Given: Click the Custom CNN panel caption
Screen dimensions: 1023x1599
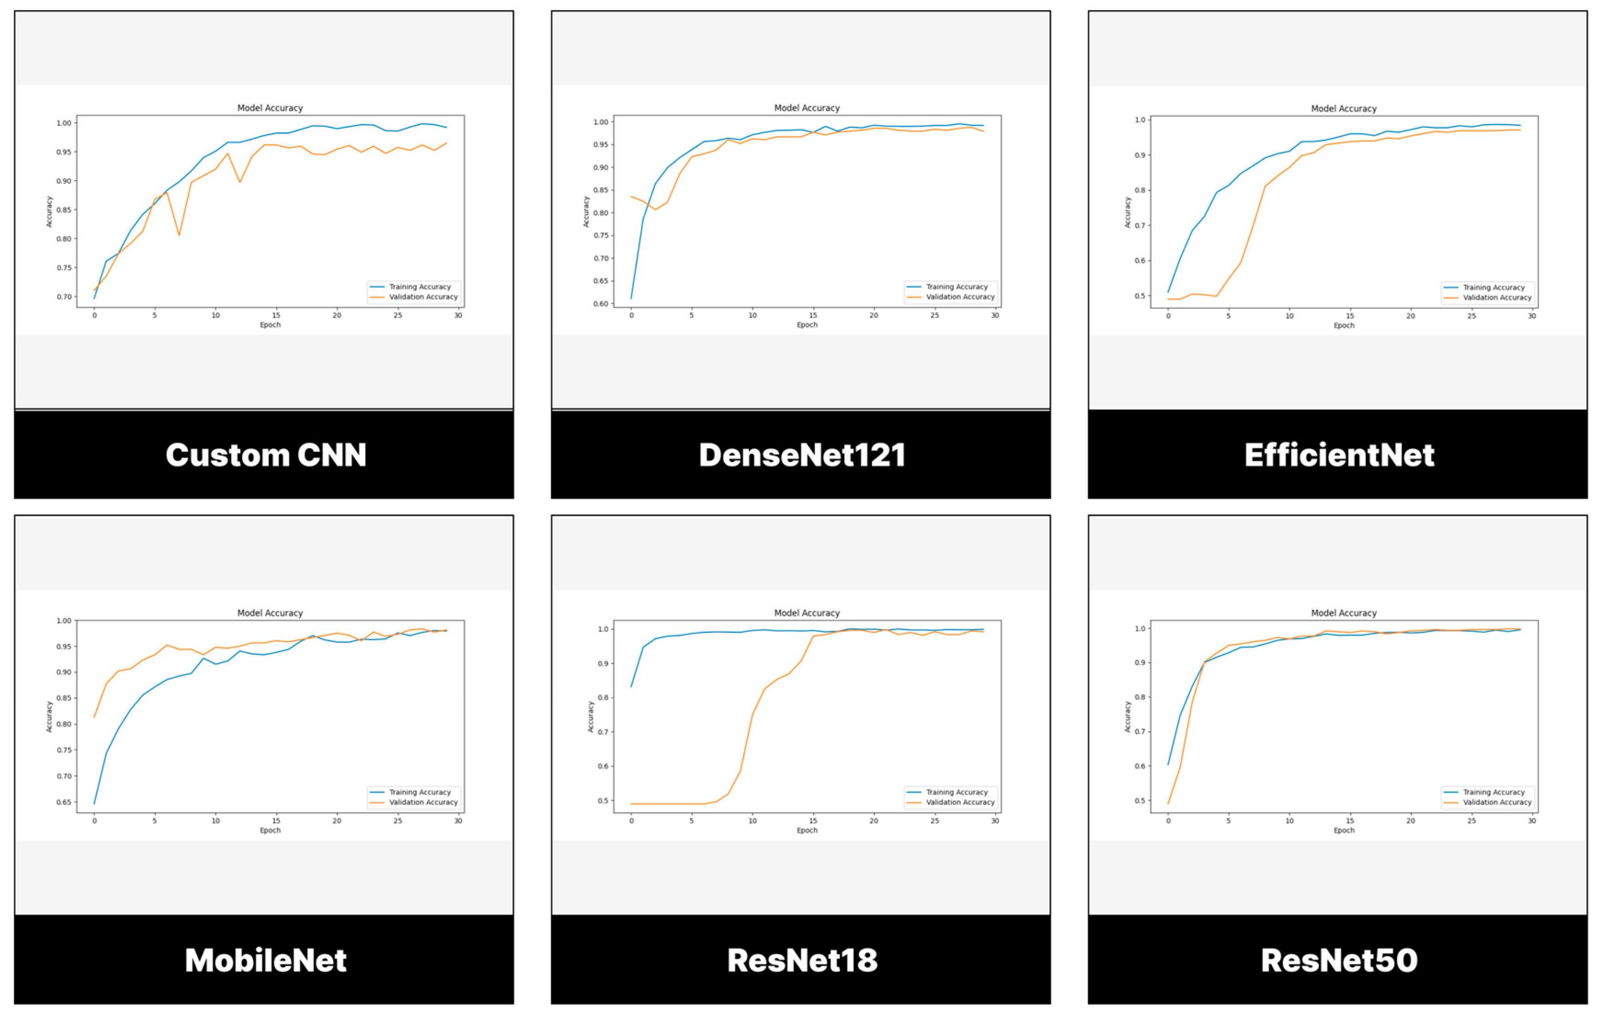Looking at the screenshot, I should (x=265, y=455).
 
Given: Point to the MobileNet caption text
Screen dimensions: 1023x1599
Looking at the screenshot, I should (x=265, y=960).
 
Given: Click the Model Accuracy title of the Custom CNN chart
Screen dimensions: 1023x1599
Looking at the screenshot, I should (x=270, y=108).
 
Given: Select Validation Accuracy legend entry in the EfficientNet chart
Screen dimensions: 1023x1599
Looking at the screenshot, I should (x=1496, y=298).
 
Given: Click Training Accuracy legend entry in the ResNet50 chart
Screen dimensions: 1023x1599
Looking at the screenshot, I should (x=1493, y=792).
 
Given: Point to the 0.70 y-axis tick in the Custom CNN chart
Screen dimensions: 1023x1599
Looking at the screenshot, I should (x=64, y=297).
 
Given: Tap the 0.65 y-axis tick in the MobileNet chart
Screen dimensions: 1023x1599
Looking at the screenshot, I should (x=64, y=802).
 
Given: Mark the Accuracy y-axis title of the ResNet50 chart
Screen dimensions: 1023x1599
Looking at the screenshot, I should (x=1127, y=717).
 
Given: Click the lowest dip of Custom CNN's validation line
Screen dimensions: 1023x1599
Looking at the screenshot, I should (x=179, y=234).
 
